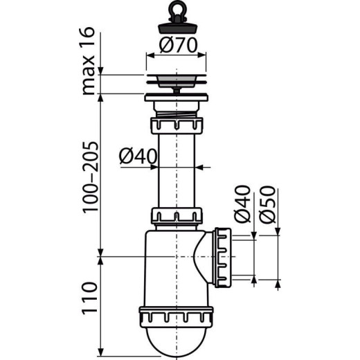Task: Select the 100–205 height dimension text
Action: tap(88, 177)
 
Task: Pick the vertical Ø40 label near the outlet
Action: tap(242, 204)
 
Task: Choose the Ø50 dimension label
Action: tap(270, 205)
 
